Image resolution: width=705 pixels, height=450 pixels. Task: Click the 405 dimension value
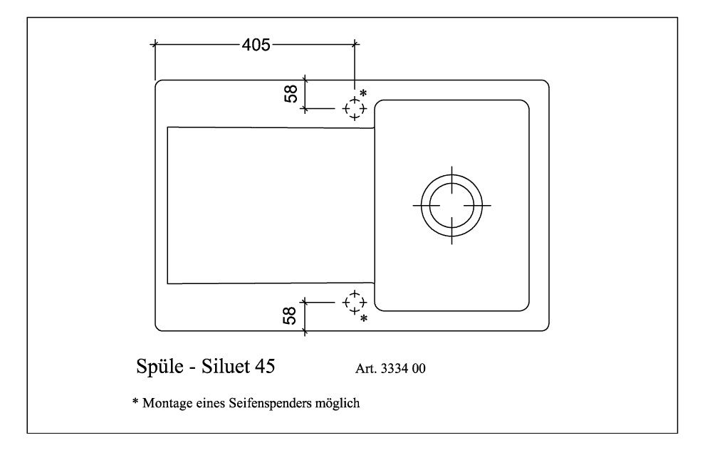click(256, 45)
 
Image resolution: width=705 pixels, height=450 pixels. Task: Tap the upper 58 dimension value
click(291, 94)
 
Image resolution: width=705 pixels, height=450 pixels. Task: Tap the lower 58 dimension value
click(290, 315)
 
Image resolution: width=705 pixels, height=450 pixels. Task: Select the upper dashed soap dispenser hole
click(355, 108)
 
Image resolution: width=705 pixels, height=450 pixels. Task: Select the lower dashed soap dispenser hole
click(355, 302)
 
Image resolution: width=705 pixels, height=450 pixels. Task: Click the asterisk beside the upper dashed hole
click(363, 93)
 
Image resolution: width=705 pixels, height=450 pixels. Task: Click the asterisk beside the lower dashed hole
click(364, 319)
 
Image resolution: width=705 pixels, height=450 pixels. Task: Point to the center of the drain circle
click(451, 206)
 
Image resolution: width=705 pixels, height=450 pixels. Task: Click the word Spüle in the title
click(160, 367)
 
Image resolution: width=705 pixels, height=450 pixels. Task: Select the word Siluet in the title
click(226, 367)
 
